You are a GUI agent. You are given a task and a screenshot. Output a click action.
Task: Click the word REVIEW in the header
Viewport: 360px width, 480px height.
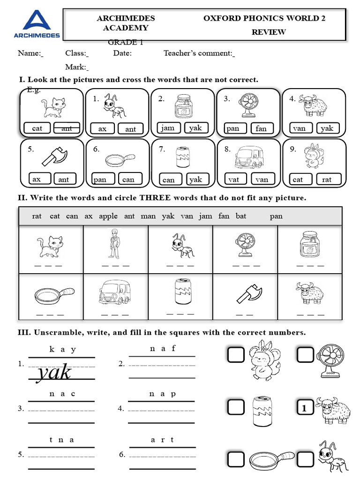(269, 32)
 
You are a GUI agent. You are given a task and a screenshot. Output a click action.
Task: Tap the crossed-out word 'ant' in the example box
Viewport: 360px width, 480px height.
(67, 128)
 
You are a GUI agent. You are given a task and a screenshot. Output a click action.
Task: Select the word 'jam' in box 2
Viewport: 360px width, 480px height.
(167, 128)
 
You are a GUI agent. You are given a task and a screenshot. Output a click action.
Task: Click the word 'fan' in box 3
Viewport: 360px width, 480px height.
(261, 128)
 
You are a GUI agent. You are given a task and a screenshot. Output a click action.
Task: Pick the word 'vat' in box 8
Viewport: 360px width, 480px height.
(233, 179)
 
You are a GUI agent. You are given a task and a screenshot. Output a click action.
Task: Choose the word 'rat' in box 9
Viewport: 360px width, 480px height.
(327, 179)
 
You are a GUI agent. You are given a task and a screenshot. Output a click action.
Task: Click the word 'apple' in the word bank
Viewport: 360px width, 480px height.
(108, 216)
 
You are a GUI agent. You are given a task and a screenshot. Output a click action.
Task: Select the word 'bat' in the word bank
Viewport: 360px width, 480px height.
(241, 216)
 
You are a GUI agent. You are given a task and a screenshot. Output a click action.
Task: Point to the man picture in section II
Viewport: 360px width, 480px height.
(114, 243)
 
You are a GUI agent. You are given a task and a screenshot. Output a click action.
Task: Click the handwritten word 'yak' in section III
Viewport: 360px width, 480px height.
(55, 372)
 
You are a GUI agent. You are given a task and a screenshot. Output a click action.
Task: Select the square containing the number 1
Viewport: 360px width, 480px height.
(305, 409)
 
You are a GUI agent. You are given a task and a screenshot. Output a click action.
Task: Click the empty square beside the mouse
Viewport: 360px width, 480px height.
(236, 355)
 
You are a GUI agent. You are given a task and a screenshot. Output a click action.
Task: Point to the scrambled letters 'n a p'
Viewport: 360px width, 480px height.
(162, 394)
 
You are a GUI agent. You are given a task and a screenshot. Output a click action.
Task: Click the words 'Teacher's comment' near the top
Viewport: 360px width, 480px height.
(198, 53)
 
